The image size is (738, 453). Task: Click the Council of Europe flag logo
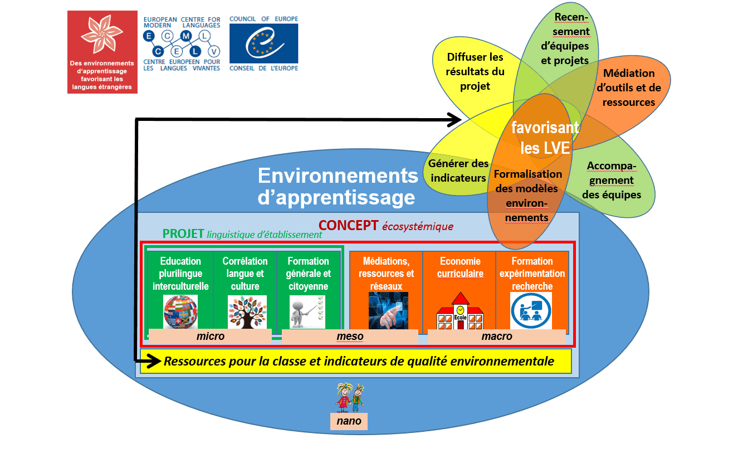pos(263,43)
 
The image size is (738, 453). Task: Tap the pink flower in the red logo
pos(102,35)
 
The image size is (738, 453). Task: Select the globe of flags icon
pos(180,311)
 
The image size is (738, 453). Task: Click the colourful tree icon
pos(247,312)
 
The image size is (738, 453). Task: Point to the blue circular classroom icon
pos(531,310)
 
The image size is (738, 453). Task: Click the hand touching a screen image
pos(388,310)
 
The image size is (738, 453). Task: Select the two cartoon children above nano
pos(350,398)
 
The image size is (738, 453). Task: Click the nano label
pos(349,421)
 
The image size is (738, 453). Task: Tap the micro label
pos(210,337)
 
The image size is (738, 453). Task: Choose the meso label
pos(350,337)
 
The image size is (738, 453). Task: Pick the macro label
pos(497,337)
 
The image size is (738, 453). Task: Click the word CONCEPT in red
pos(348,226)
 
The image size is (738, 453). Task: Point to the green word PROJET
pos(183,234)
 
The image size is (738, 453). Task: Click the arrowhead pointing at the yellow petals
pos(454,120)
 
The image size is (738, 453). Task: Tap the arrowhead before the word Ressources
pos(154,361)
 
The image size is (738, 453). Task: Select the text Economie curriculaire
pos(460,267)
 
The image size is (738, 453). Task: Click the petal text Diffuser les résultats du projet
pos(475,71)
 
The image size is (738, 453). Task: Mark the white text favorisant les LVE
pos(545,138)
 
